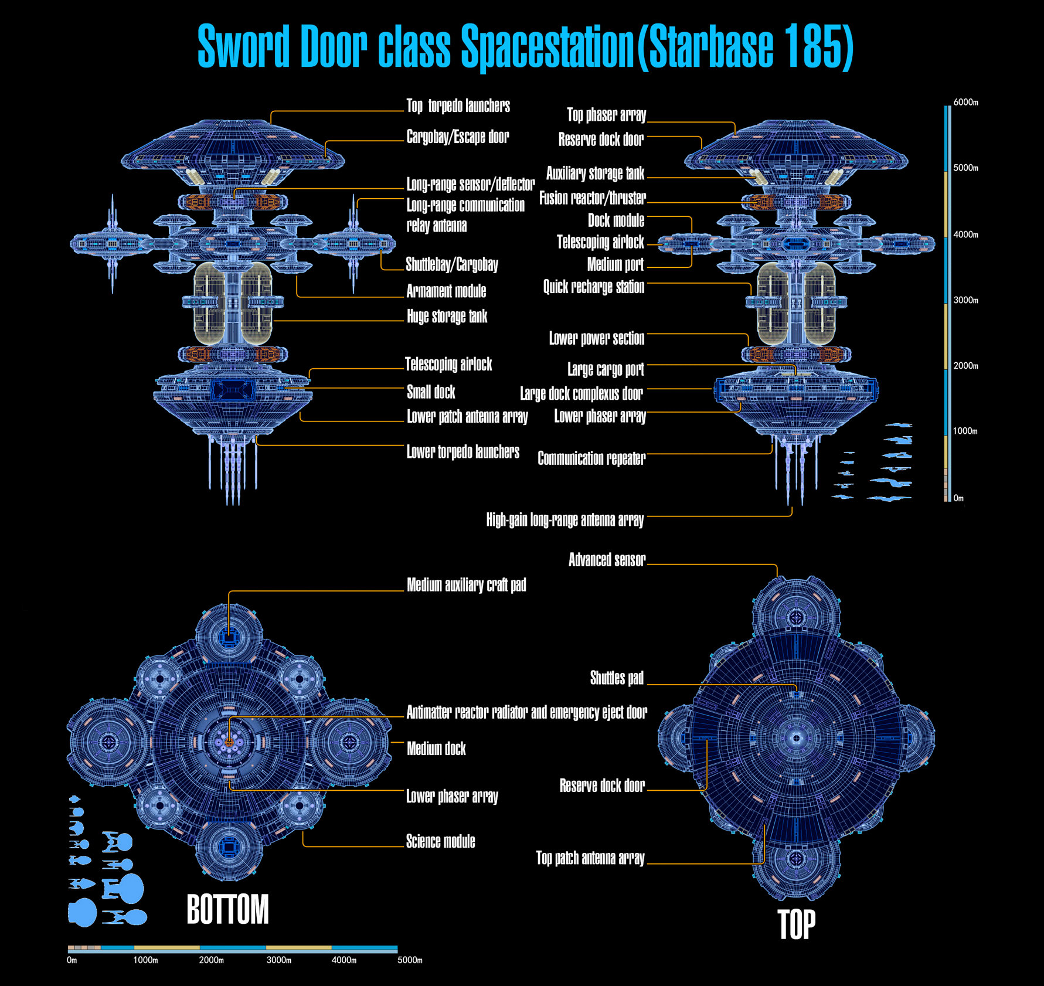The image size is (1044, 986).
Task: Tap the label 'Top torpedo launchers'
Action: (458, 106)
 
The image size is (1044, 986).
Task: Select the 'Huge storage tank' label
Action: (447, 317)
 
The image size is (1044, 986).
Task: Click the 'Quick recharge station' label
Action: (594, 287)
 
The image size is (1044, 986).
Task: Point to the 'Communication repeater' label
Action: (591, 458)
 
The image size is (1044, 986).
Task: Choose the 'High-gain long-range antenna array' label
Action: (565, 520)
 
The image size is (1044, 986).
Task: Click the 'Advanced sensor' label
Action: (607, 560)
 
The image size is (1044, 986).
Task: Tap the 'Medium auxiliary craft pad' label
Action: (467, 585)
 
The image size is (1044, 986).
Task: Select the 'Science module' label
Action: (441, 841)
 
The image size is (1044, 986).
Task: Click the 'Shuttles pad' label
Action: (617, 678)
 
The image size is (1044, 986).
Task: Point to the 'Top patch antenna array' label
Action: (590, 858)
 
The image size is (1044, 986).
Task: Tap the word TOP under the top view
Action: (796, 924)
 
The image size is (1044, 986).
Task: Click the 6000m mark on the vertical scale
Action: (965, 102)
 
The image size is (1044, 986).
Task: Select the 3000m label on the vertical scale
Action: (965, 300)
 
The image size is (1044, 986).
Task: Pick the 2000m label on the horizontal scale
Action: (212, 960)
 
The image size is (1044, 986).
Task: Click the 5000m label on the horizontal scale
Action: (410, 960)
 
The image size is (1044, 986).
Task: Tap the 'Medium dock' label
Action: (436, 749)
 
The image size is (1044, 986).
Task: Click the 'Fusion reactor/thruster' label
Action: (593, 198)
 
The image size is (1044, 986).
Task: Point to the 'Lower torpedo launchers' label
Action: (463, 452)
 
